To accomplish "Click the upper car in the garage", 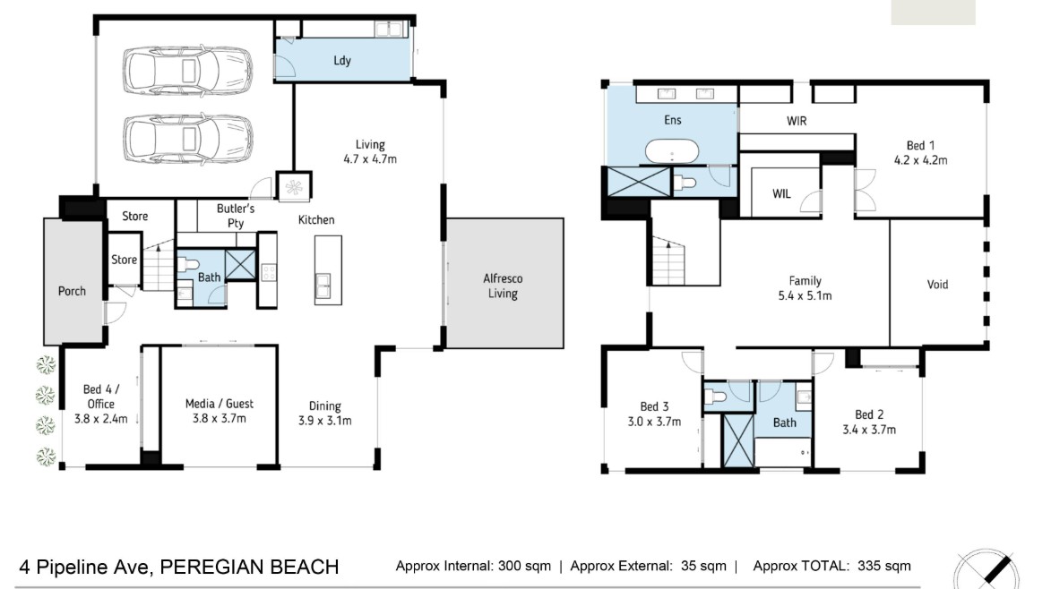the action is tap(187, 70).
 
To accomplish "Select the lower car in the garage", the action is tap(187, 140).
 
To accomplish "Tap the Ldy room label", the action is tap(342, 60).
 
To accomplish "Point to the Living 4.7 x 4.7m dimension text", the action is tap(370, 159).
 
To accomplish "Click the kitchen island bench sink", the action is tap(323, 286).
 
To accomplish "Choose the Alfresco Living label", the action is tap(503, 286).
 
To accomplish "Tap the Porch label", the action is tap(72, 291).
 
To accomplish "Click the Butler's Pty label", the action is tap(236, 216).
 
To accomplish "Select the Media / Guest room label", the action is tap(220, 404).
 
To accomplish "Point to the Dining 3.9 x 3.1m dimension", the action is tap(325, 421).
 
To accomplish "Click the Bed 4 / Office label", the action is tap(101, 397).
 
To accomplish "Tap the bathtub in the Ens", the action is tap(672, 152).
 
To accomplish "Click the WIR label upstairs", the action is tap(797, 121).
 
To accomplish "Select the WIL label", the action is tap(781, 194).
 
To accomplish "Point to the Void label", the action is tap(937, 285).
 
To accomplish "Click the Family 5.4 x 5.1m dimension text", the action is tap(805, 295).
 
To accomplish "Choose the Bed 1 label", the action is tap(920, 145).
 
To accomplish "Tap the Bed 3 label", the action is tap(654, 406).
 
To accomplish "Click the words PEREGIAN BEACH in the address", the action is tap(249, 567).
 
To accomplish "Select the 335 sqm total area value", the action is tap(884, 567).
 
